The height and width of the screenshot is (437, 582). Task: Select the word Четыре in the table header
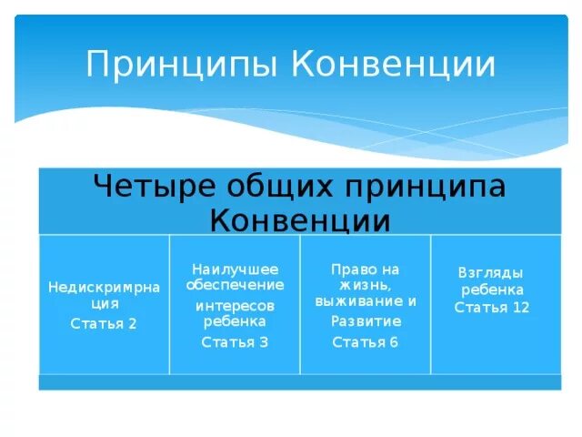coord(149,187)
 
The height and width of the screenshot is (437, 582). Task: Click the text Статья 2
coord(104,323)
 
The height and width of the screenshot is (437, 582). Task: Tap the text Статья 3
coord(235,342)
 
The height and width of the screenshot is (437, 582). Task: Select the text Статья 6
coord(366,342)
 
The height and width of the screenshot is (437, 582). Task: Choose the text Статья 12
coord(492,308)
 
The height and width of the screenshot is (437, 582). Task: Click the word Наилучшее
coord(235,269)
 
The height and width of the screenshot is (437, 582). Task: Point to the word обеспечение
coord(235,285)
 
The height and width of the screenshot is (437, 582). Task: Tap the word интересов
coord(235,305)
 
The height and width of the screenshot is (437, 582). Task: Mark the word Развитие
coord(366,321)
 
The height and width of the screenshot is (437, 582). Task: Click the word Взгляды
coord(492,272)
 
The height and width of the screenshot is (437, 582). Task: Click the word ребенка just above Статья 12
coord(492,290)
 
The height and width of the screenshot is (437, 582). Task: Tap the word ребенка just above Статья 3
coord(235,321)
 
